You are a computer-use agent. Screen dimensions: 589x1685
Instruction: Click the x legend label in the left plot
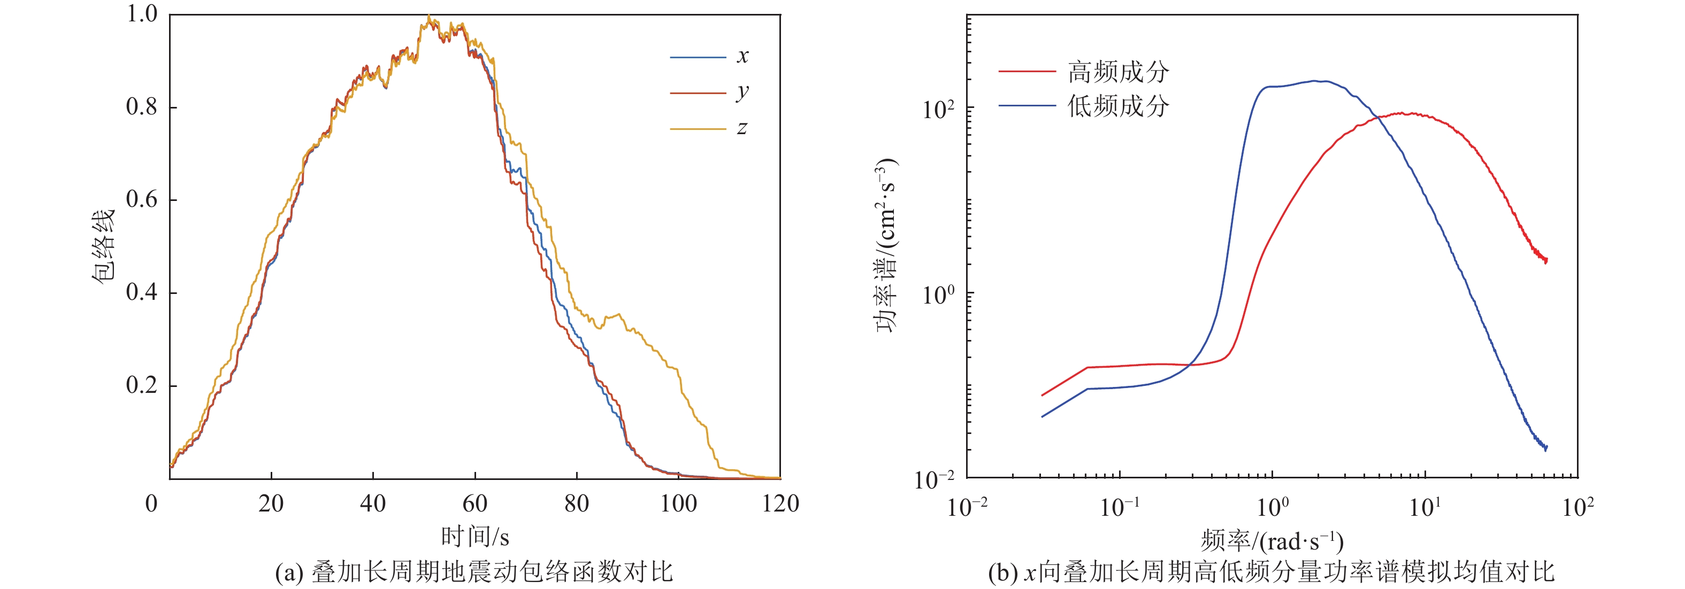742,56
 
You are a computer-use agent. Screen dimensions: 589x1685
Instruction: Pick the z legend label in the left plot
742,128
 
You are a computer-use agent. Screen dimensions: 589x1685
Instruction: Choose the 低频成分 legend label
1118,106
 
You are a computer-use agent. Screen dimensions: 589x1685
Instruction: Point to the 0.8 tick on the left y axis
142,106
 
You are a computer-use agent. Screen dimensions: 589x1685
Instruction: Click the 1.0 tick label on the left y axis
142,14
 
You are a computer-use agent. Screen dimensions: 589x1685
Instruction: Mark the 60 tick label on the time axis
474,503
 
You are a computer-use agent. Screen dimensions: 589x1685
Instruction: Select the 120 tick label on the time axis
780,503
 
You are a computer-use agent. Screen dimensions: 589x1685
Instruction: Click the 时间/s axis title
475,537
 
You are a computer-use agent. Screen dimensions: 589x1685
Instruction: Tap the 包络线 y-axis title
103,246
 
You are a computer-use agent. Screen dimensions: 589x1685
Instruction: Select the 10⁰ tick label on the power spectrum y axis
938,295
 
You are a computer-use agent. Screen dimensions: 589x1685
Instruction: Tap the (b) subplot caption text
1271,572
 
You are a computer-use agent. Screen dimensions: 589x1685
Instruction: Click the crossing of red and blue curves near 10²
1378,118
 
